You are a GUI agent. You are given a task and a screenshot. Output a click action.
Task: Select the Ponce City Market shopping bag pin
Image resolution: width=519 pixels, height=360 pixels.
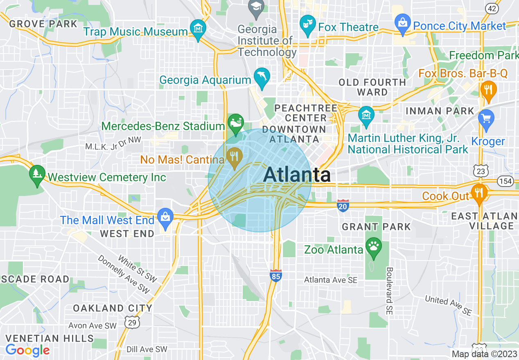coord(402,24)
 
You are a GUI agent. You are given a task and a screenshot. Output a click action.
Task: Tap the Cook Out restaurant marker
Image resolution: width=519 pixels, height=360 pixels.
coord(478,193)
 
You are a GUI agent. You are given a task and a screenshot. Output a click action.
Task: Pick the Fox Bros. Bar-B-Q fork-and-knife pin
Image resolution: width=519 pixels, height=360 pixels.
coord(487,90)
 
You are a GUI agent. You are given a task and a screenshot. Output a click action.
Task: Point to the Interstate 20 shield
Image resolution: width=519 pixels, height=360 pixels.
coord(343,205)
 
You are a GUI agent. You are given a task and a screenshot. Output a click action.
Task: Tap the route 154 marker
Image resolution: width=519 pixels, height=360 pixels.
coord(505,180)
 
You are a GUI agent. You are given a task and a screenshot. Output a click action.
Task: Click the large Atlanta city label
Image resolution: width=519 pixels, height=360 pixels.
coord(297,175)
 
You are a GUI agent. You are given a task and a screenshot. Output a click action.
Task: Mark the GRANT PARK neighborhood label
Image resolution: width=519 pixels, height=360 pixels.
coord(376,227)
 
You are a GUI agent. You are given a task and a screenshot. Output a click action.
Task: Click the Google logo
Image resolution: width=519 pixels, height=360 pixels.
coord(27,350)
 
